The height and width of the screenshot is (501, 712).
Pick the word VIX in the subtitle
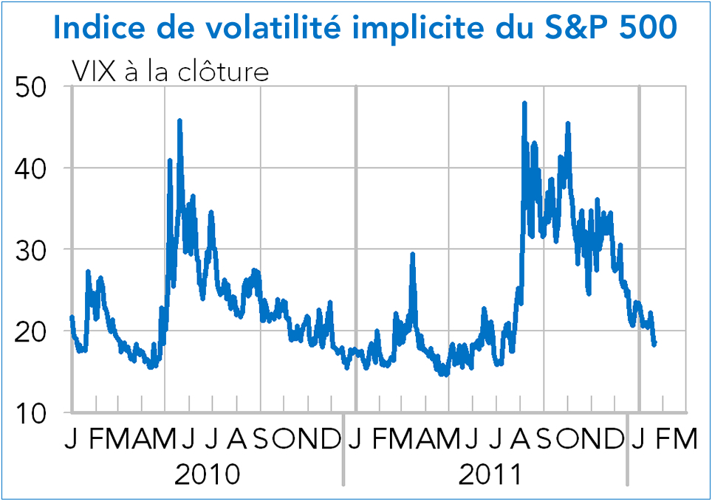92,72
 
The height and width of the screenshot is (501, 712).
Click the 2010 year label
207,474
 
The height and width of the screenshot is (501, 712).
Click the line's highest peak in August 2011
524,103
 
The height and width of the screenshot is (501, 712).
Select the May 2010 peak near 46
179,120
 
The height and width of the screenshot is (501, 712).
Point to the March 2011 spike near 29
413,255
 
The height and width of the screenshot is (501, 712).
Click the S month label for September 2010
261,440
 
